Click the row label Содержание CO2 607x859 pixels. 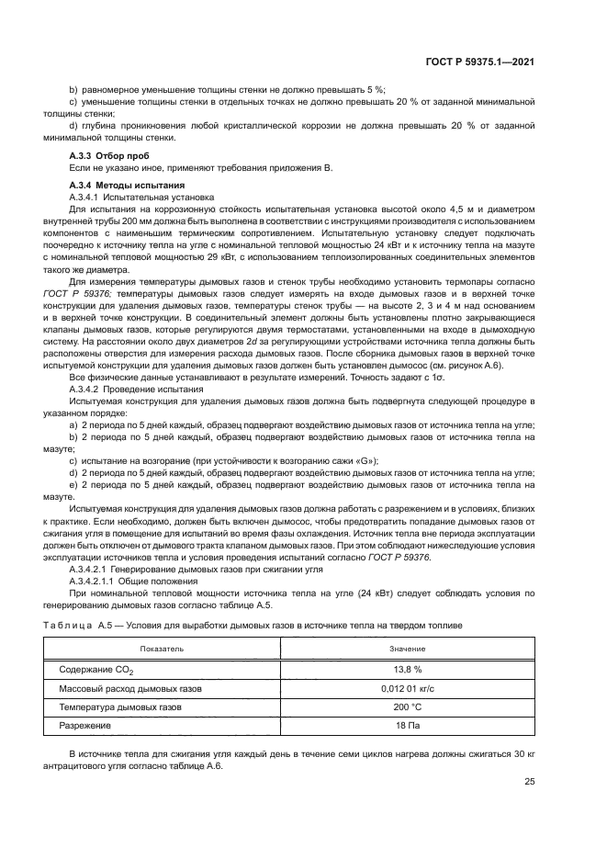96,671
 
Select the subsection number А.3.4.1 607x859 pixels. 89,197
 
